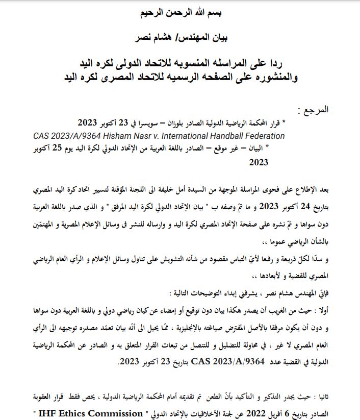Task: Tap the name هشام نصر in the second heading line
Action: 153,37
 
